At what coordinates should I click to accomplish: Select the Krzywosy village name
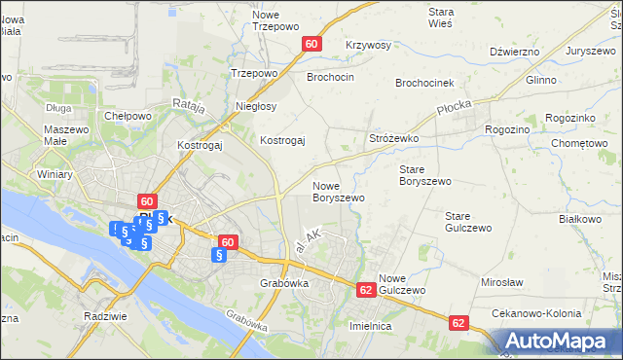tap(368, 46)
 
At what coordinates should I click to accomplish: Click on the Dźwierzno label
tap(515, 51)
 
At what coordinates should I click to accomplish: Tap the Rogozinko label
tap(570, 118)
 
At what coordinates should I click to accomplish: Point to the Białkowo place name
tap(580, 219)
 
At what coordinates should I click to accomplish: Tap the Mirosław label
tap(503, 281)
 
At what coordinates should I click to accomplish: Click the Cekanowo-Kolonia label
tap(536, 314)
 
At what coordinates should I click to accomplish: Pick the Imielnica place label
tap(370, 327)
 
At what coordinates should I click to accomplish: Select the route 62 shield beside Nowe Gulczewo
tap(366, 290)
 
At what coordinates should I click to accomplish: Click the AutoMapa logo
tap(557, 341)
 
